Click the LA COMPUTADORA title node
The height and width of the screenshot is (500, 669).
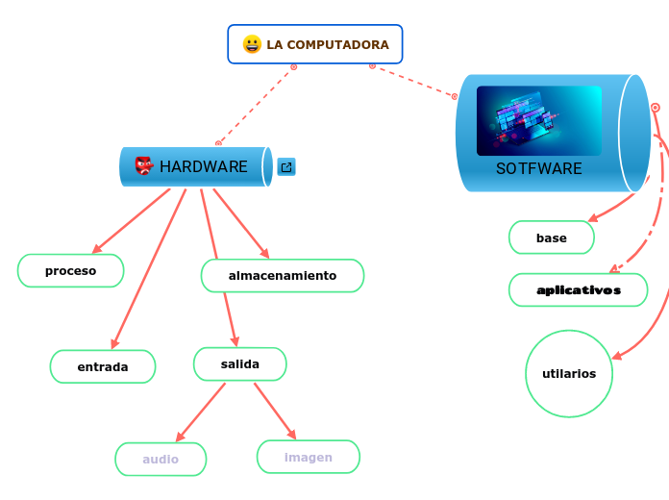tap(327, 44)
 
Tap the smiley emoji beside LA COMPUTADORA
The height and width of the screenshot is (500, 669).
tap(252, 44)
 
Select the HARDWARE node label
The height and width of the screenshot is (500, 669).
tap(203, 166)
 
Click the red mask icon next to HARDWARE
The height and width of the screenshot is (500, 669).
tap(144, 166)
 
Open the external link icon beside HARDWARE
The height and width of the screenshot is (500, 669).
tap(286, 167)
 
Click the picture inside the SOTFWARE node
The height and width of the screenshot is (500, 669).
tap(539, 120)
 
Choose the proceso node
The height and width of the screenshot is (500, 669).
tap(71, 271)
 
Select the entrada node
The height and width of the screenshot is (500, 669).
tap(103, 366)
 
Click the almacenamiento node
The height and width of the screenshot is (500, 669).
tap(283, 276)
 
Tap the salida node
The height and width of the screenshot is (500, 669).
tap(240, 364)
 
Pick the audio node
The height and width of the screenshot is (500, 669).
tap(161, 460)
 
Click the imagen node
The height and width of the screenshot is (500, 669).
tap(309, 457)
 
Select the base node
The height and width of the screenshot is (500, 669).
tap(552, 237)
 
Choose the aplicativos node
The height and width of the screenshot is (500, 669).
tap(579, 289)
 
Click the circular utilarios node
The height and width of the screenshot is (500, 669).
tap(569, 374)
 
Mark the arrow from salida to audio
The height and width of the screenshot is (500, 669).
tap(201, 412)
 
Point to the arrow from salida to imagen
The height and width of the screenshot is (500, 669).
tap(275, 411)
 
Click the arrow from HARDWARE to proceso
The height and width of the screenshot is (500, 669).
tap(131, 221)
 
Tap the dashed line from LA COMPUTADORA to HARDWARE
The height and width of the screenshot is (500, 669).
tap(256, 105)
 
